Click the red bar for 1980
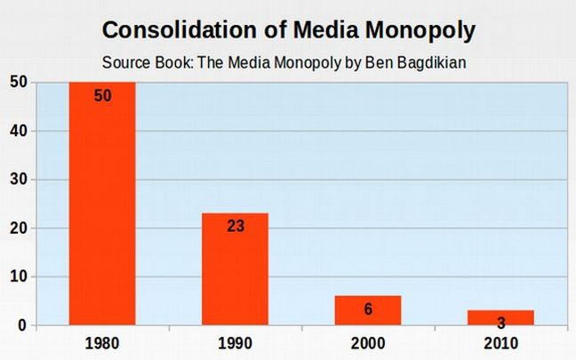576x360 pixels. [x=102, y=204]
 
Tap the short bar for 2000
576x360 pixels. [x=367, y=310]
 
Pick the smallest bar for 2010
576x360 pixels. [x=500, y=317]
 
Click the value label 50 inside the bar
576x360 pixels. [x=102, y=95]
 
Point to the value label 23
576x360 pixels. [x=235, y=226]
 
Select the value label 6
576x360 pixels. [x=367, y=310]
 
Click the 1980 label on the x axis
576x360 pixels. [x=102, y=343]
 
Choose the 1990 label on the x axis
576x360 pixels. [x=235, y=343]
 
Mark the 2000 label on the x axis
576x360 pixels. [x=367, y=343]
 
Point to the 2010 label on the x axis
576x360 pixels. [x=500, y=343]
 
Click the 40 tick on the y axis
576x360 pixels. [x=20, y=131]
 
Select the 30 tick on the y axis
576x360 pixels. [x=20, y=180]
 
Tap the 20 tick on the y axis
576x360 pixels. [x=20, y=228]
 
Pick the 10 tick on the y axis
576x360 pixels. [x=20, y=277]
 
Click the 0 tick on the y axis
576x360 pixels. [x=24, y=325]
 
